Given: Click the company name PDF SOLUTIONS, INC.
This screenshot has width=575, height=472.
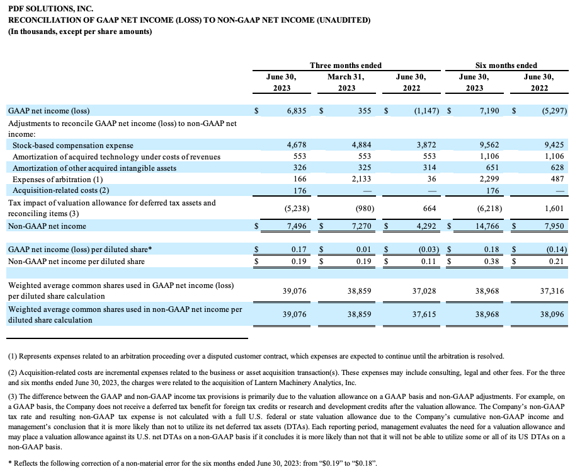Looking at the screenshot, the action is coord(50,8).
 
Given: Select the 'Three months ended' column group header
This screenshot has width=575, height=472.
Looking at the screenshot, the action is coord(346,66).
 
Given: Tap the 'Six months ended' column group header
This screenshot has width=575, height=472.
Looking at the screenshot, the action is coord(506,66).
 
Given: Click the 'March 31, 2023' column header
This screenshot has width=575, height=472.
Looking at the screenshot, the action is coord(346,82).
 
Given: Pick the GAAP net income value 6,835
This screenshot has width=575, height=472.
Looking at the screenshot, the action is coord(297,110).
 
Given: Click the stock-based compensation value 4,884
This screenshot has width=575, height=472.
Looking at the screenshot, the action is coord(362,144).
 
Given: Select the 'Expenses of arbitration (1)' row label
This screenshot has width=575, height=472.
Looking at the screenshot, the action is coord(57,180).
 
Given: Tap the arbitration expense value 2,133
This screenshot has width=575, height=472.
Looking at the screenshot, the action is coord(362,179).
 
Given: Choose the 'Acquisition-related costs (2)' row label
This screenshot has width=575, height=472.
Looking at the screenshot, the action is coord(61,190).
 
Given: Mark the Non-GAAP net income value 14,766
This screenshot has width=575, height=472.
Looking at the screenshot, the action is coord(487,226).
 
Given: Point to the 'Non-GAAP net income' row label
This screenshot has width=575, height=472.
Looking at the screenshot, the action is coord(47,226).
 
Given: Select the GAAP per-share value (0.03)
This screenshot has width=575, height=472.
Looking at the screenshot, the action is coord(429,249).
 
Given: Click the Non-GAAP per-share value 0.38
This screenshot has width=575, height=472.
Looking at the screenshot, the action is coord(491,262).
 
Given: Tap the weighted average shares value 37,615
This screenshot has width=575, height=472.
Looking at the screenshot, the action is coord(424,314).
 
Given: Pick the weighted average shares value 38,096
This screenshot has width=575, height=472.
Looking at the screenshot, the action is coord(552,314).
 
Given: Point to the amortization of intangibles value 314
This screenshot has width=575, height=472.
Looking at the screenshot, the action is coord(430,168).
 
